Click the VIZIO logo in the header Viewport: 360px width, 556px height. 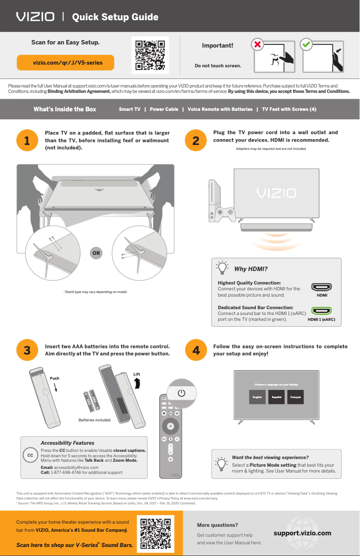[35, 17]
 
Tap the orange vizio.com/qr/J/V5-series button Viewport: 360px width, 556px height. [66, 62]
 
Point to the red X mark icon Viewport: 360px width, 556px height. [257, 44]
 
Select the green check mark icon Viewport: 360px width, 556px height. [306, 44]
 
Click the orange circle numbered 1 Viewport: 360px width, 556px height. [27, 140]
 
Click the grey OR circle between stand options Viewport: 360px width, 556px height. [96, 253]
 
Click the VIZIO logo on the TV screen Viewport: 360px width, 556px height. [276, 193]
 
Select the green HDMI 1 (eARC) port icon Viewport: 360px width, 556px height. [321, 311]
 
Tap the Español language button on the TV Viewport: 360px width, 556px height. [277, 397]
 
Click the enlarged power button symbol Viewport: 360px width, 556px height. [181, 393]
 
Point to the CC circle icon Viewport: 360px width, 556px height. [30, 455]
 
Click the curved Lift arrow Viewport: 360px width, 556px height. [138, 382]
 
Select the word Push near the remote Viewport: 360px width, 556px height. [54, 378]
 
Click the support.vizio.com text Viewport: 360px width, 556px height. [303, 533]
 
